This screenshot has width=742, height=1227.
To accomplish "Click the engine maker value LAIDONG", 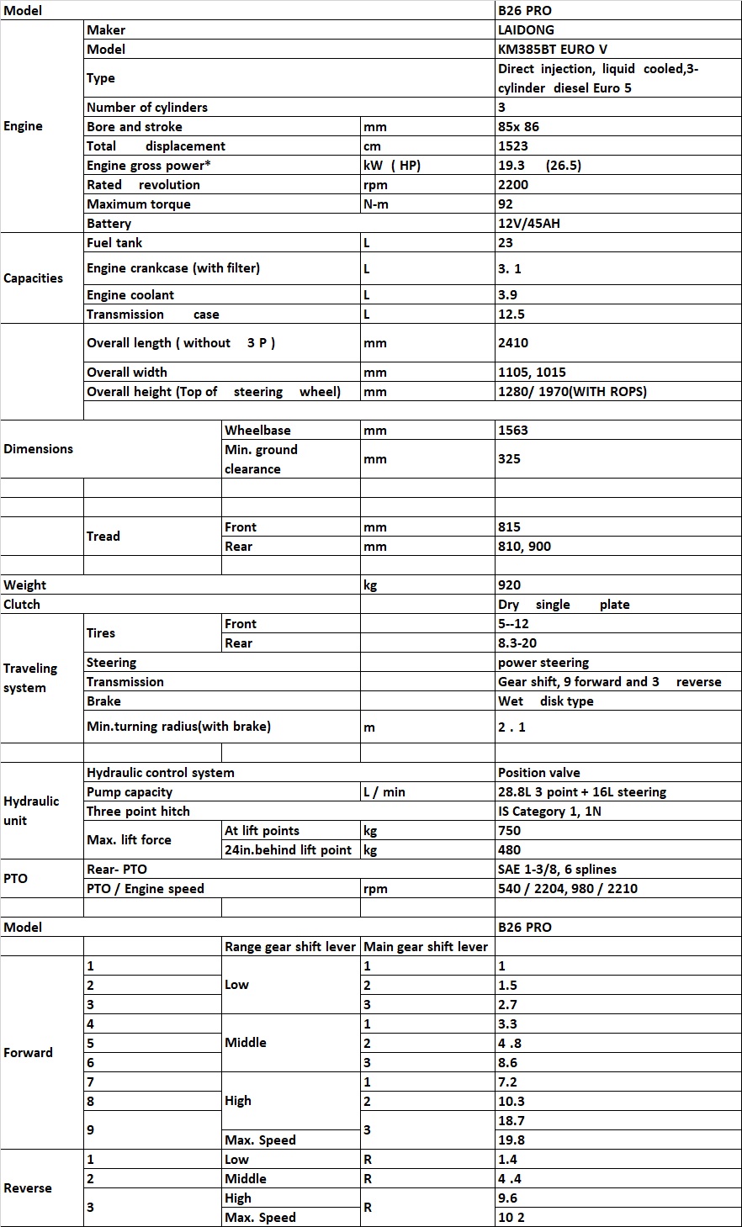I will click(x=526, y=30).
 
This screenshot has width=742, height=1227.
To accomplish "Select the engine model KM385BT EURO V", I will click(x=552, y=50).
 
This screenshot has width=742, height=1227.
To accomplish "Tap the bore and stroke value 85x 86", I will click(x=518, y=127).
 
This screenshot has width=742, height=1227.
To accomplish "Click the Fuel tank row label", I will click(x=114, y=243).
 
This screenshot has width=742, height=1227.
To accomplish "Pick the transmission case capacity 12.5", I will click(x=512, y=315).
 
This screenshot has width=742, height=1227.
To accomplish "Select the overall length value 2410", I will click(x=513, y=343).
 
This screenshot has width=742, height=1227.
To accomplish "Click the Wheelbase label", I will click(x=257, y=431).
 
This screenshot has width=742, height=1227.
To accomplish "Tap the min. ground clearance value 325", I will click(x=509, y=459).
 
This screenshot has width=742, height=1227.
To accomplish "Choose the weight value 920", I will click(x=509, y=585).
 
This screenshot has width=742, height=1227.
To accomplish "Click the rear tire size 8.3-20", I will click(x=517, y=643).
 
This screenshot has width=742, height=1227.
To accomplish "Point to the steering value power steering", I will click(x=543, y=663).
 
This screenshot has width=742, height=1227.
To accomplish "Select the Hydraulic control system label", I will click(x=161, y=773).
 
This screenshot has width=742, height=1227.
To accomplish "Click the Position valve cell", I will click(x=538, y=773).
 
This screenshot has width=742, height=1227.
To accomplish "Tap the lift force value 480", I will click(x=509, y=850).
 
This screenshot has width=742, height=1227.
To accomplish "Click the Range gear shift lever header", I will click(x=290, y=947).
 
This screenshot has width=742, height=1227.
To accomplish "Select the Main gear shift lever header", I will click(x=426, y=947).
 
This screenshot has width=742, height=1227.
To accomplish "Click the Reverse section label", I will click(x=28, y=1188).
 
